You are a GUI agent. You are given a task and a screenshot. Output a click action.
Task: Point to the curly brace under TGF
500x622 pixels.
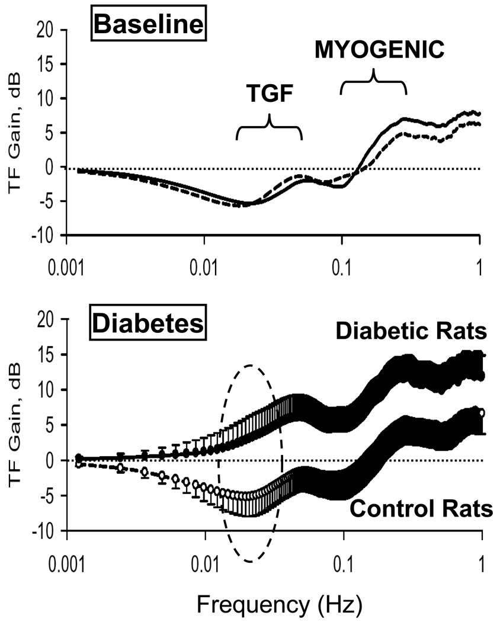pos(269,127)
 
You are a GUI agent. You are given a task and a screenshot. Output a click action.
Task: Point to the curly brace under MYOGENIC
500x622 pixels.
pos(373,82)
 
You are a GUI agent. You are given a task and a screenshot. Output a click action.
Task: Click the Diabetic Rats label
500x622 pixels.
pos(411,332)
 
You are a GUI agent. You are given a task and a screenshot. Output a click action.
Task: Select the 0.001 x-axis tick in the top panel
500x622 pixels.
pos(67,261)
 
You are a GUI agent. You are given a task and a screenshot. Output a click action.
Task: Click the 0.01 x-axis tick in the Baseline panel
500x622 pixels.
pos(204,261)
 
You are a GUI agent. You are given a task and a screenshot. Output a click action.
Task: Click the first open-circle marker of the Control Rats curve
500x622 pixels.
pos(79,464)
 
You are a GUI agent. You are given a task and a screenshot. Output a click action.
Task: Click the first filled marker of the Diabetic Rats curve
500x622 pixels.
pos(79,458)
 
